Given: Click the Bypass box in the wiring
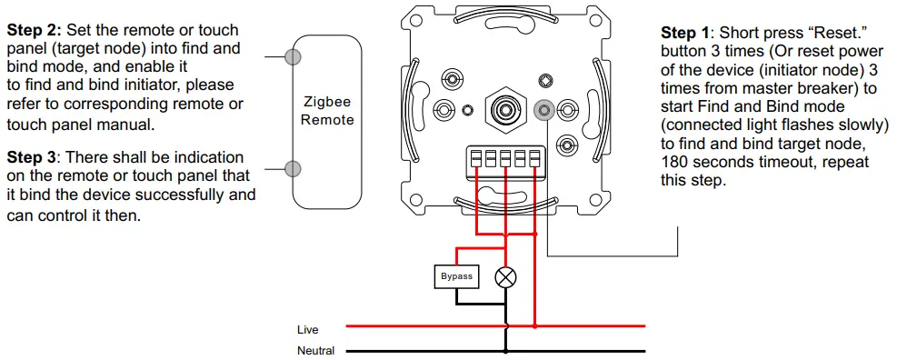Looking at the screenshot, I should coord(456,276).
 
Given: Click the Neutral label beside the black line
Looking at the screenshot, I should coord(315,350).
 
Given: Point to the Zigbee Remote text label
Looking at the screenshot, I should coord(328,112).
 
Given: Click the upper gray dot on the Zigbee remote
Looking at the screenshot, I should coord(293,57).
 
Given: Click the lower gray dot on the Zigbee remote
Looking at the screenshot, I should coord(293,168).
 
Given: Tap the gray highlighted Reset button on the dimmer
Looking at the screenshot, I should coord(543,111).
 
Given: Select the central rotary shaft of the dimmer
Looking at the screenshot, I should coord(501,109).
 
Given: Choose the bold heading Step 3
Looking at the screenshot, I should coord(33,157).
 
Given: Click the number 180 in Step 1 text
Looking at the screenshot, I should coord(674,162).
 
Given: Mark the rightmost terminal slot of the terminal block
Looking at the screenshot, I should coord(534,159).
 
